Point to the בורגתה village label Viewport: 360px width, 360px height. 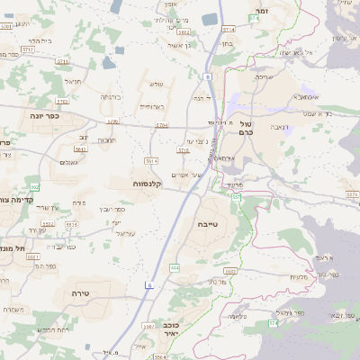point(110,96)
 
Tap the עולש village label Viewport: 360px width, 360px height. point(156,84)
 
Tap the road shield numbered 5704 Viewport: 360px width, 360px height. point(162,126)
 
